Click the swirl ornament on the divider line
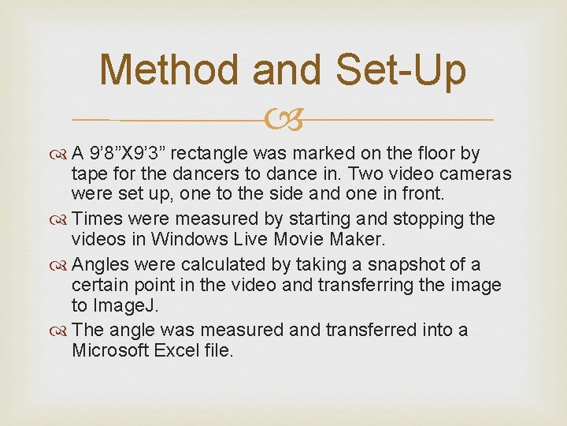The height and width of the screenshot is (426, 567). click(x=283, y=121)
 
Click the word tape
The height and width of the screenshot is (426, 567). click(x=87, y=174)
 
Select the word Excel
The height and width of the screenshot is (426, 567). click(x=177, y=350)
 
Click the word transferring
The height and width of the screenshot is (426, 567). click(x=355, y=285)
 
